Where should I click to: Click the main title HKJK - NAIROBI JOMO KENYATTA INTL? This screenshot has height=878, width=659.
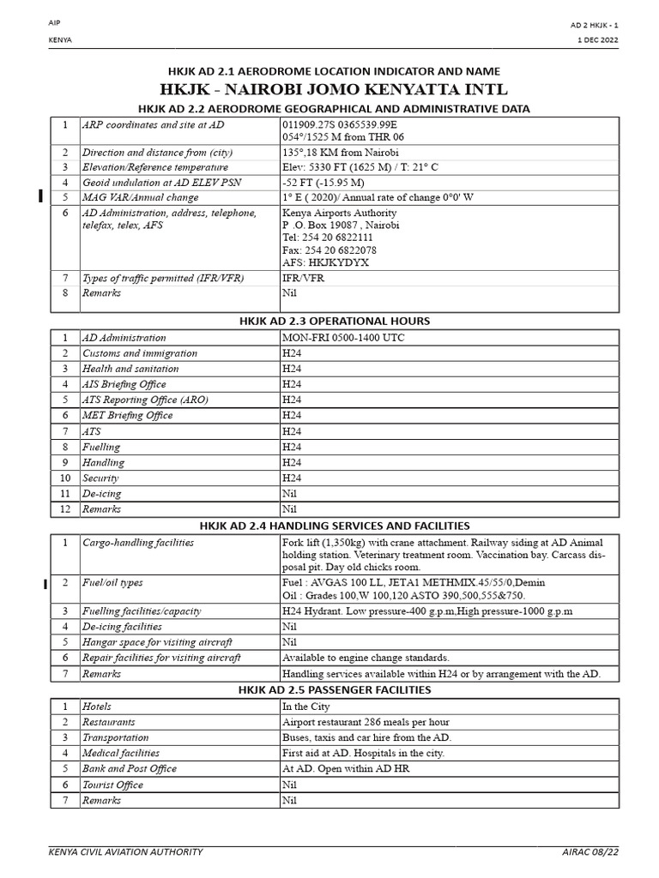click(x=334, y=90)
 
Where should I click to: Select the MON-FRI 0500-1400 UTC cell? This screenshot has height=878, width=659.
click(x=342, y=338)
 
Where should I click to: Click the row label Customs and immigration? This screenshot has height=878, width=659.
click(x=140, y=353)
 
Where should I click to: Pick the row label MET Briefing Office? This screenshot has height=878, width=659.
click(x=128, y=416)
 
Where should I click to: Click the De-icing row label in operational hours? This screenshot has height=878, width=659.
click(x=102, y=494)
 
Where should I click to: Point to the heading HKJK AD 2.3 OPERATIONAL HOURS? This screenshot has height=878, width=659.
click(x=334, y=321)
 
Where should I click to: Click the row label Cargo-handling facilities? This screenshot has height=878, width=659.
click(x=138, y=543)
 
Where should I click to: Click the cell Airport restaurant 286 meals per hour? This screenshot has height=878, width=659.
click(x=366, y=722)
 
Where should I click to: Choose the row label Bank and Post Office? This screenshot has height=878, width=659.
click(x=130, y=769)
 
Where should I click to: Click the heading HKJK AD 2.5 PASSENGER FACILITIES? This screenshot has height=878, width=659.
click(x=334, y=689)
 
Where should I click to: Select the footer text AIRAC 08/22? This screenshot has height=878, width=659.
click(x=590, y=851)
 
